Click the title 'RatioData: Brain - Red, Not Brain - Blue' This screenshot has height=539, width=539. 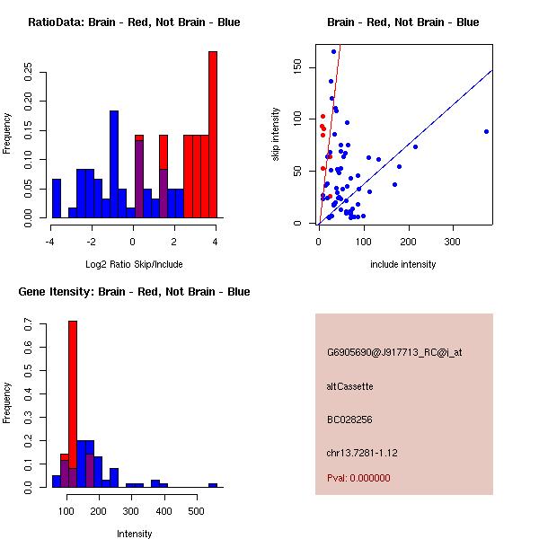click(134, 22)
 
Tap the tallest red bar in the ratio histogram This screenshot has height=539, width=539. click(213, 135)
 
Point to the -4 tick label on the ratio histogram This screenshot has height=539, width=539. click(50, 242)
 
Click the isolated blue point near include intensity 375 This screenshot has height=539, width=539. click(486, 131)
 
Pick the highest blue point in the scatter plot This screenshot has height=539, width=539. click(333, 51)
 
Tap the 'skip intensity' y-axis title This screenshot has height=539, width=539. click(276, 135)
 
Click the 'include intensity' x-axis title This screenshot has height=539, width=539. click(402, 264)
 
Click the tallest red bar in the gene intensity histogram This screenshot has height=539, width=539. click(73, 404)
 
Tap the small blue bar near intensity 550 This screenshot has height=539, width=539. click(213, 485)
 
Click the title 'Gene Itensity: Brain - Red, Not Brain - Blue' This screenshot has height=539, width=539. click(134, 292)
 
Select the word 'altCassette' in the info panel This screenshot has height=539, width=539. click(350, 386)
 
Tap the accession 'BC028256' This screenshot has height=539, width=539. click(349, 420)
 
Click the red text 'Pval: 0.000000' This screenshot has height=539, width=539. click(358, 478)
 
